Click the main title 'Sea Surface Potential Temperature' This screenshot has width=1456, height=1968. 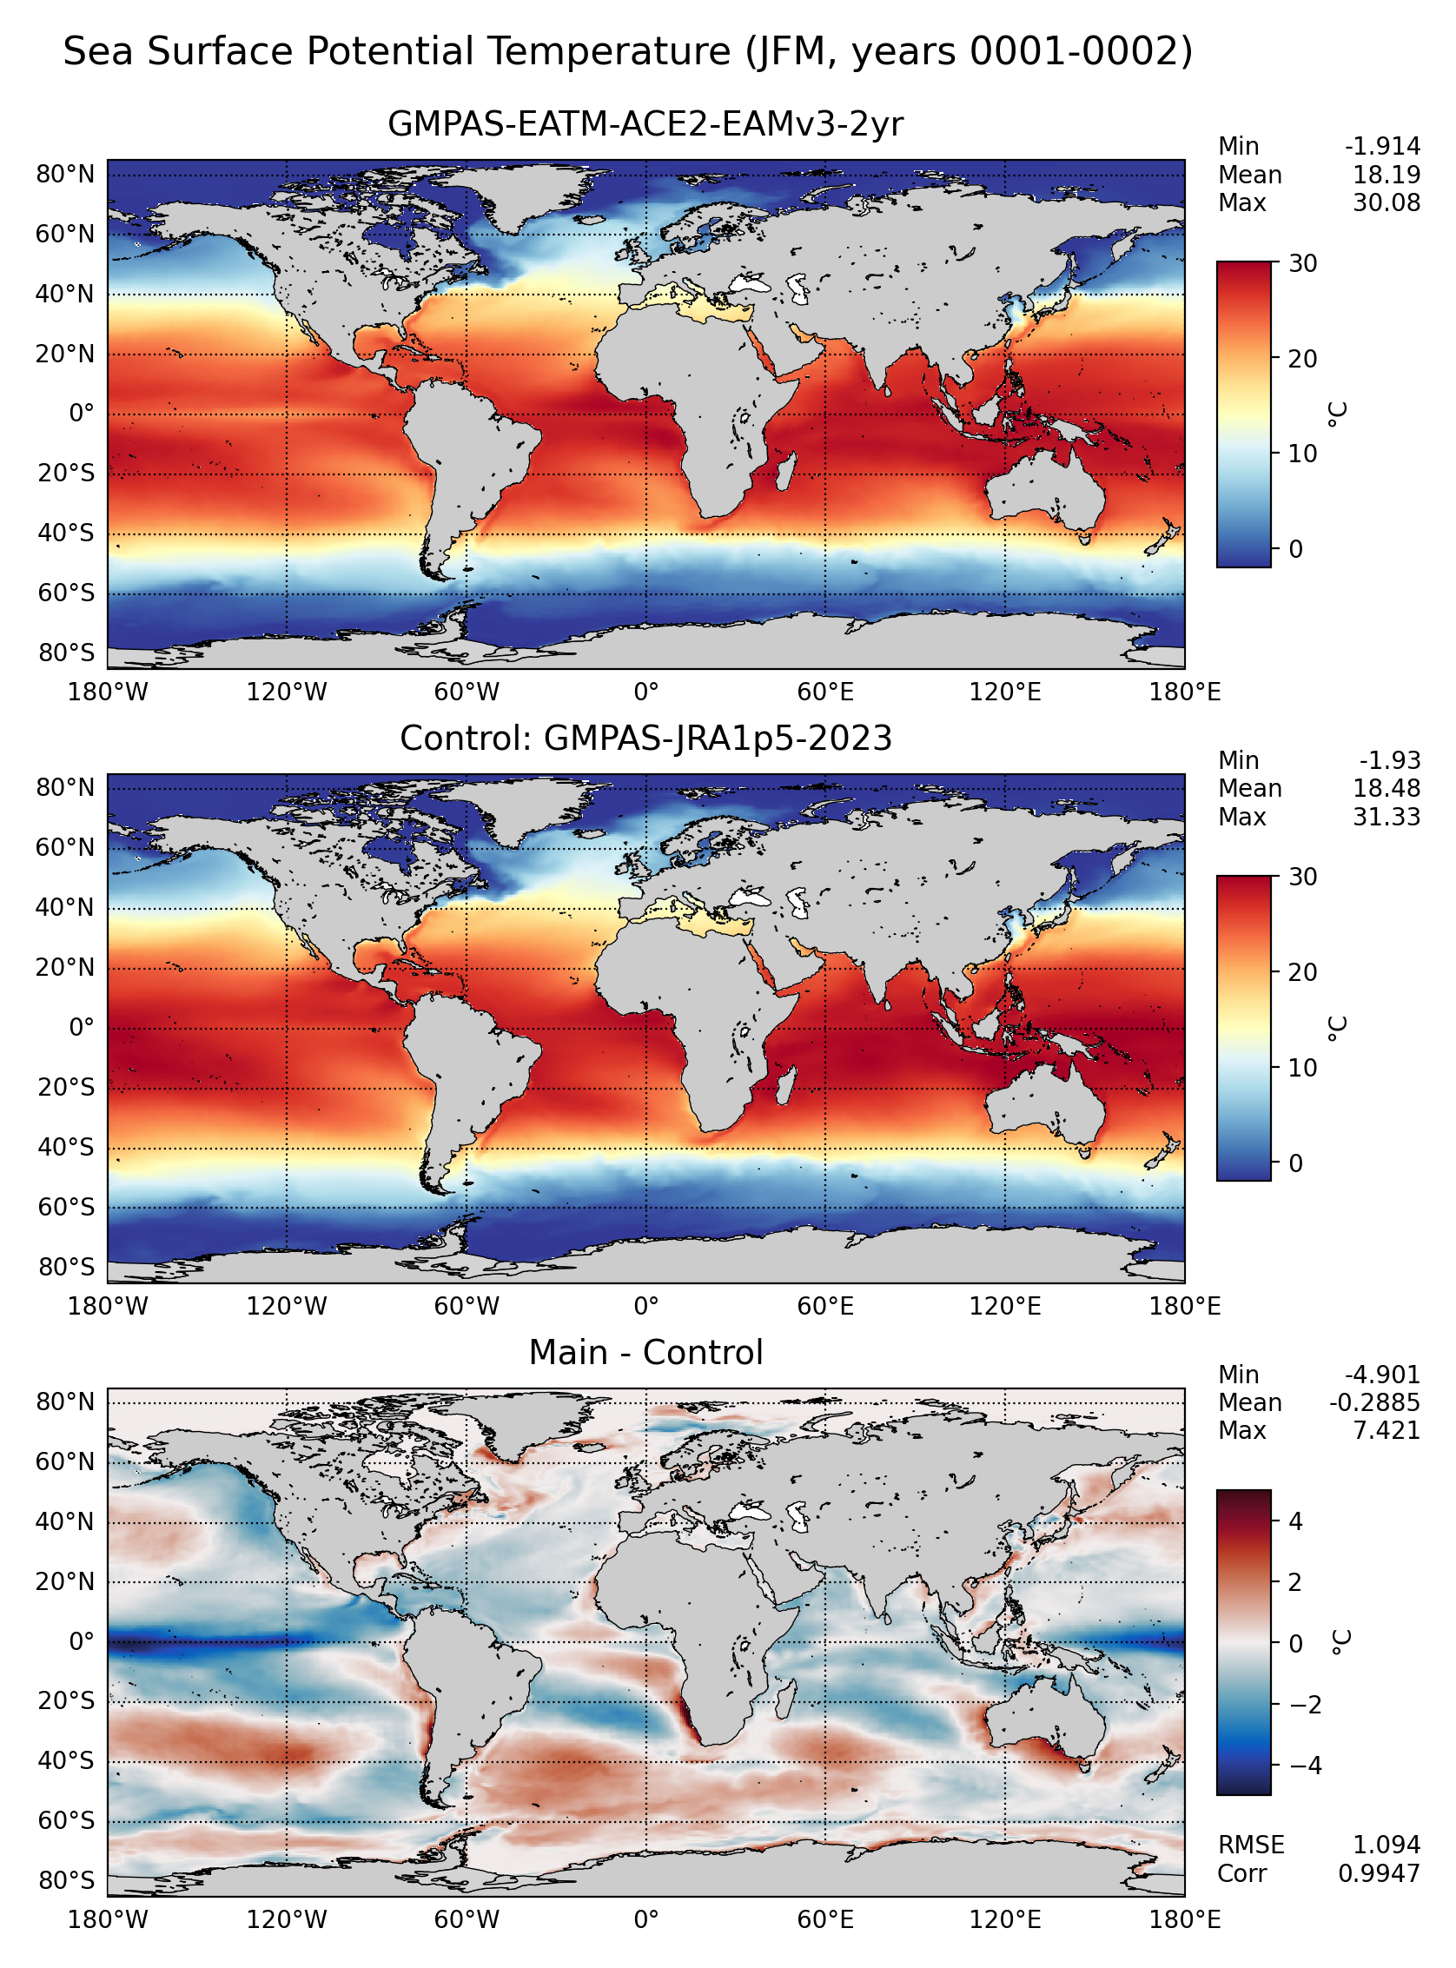(x=397, y=52)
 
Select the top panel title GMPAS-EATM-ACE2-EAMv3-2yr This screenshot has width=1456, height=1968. (x=645, y=124)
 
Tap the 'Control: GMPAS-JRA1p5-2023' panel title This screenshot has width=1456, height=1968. (x=645, y=739)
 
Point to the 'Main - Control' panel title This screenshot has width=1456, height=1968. (x=645, y=1353)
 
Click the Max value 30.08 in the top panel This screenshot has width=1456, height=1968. (x=1387, y=203)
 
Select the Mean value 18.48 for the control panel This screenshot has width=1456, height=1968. (x=1387, y=789)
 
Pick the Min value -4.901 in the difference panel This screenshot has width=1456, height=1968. (x=1382, y=1375)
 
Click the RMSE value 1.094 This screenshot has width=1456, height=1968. (x=1387, y=1845)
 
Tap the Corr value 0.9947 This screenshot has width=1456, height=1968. (x=1380, y=1872)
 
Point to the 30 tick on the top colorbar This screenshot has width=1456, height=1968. (x=1302, y=263)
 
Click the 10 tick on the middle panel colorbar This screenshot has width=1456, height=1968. (x=1302, y=1068)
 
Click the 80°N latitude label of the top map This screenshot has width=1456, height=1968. (x=65, y=175)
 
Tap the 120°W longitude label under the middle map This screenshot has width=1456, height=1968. (x=287, y=1306)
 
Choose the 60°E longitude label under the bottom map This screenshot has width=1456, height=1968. (x=825, y=1919)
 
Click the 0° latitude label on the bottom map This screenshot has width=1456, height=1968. (x=82, y=1641)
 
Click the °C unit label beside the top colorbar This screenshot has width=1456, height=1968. (x=1338, y=414)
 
